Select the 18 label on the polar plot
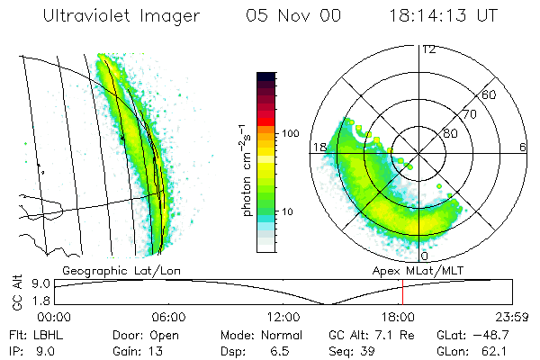[319, 147]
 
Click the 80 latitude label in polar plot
[450, 134]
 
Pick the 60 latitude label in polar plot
[490, 94]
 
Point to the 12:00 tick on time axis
[283, 317]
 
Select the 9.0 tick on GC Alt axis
[37, 283]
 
